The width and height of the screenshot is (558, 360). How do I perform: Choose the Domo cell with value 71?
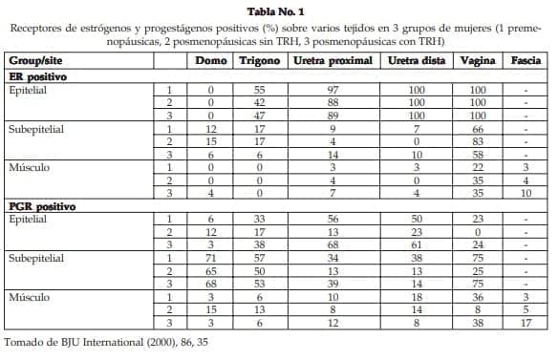tap(210, 258)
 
